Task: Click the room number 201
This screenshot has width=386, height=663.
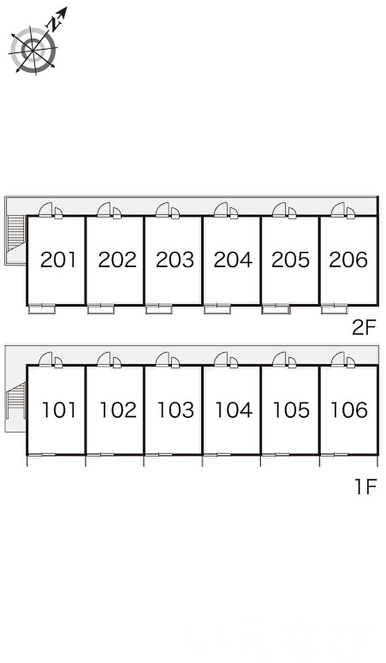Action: point(58,259)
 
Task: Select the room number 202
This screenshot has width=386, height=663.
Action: point(117,259)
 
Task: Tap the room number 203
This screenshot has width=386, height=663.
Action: point(175,259)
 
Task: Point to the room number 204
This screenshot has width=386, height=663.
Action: point(233,259)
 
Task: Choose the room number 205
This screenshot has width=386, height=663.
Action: point(291,259)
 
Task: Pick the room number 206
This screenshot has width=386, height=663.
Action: point(349,259)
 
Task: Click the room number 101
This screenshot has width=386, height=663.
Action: point(60,410)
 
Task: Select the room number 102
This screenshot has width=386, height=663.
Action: point(117,410)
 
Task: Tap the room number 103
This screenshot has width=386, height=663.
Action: point(175,410)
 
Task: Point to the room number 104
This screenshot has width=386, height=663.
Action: point(233,410)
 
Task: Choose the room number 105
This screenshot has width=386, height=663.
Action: point(291,410)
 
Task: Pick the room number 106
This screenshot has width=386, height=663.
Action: point(349,410)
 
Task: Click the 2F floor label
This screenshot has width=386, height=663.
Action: point(364,328)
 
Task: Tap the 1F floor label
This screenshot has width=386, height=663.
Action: point(364,487)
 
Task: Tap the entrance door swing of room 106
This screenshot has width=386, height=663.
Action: point(337,359)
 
